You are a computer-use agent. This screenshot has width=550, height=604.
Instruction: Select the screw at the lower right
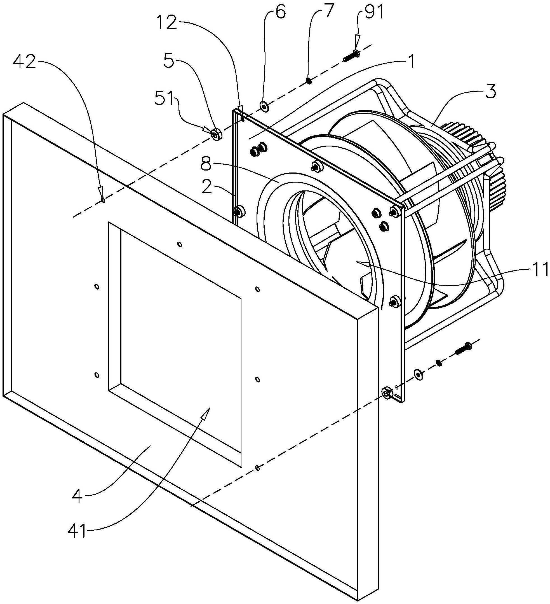coord(463,349)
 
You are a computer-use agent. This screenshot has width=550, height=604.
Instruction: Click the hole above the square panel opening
coord(179,244)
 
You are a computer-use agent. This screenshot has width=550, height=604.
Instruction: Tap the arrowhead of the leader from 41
coord(205,414)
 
